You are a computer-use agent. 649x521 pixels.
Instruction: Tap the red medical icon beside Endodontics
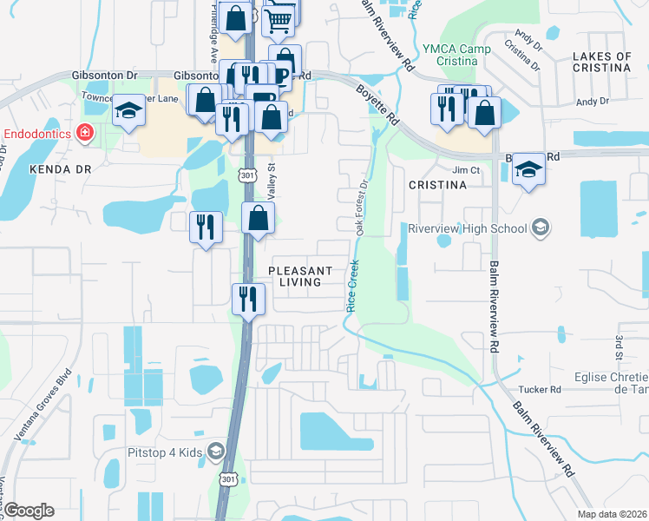point(85,133)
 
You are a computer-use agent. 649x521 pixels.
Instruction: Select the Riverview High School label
point(468,228)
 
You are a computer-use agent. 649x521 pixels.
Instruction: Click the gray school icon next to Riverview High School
point(541,228)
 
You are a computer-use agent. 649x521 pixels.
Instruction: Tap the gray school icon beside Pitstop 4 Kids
point(215,451)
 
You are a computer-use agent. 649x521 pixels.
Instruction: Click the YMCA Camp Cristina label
point(450,56)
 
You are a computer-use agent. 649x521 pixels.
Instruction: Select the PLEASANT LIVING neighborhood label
point(294,276)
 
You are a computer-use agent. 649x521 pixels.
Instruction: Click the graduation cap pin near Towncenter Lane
point(128,110)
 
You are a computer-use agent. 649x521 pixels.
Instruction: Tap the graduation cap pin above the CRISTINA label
point(528,169)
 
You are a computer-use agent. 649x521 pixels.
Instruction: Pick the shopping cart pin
point(279,20)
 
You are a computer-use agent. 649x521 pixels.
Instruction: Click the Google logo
point(28,511)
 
